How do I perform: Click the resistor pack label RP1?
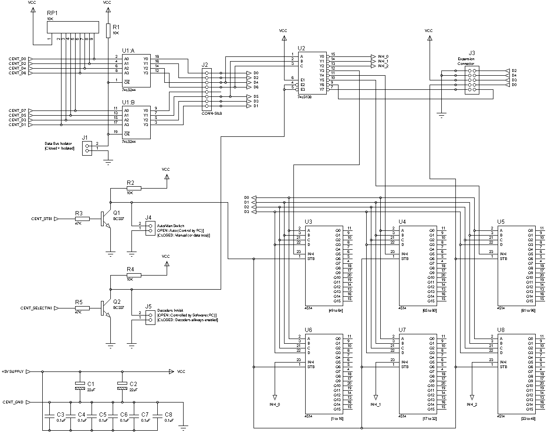click(x=52, y=14)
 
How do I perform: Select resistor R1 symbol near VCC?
click(x=108, y=30)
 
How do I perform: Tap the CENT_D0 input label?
click(x=17, y=59)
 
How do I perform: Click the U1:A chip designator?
click(x=128, y=50)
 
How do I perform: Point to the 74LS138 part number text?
click(x=305, y=96)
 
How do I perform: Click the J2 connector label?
click(x=205, y=65)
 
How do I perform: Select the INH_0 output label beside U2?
click(x=383, y=56)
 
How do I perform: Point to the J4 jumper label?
click(x=148, y=217)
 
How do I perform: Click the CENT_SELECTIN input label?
click(x=37, y=308)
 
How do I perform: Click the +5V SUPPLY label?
click(x=13, y=371)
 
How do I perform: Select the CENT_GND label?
click(x=13, y=403)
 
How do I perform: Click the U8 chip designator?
click(x=501, y=330)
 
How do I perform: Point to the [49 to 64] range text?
click(x=336, y=310)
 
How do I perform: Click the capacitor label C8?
click(x=168, y=414)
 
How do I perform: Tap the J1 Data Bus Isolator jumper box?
click(x=86, y=149)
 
